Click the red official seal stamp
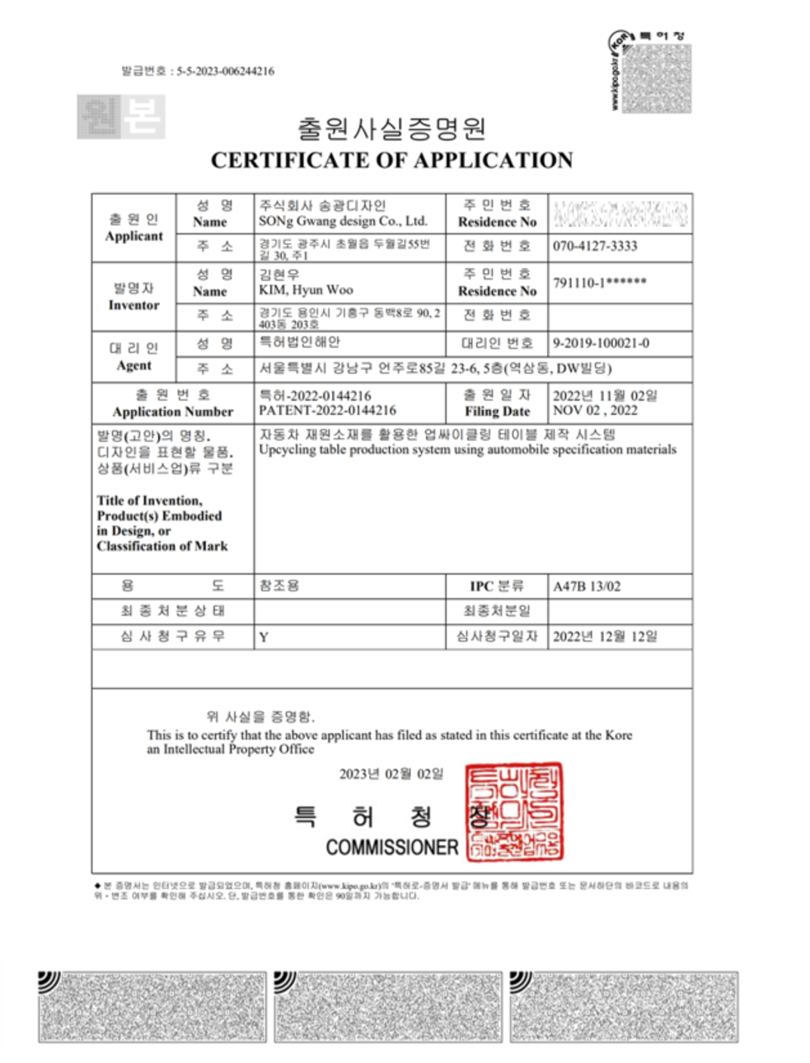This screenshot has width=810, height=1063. click(514, 812)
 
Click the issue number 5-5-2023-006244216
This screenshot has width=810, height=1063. click(225, 72)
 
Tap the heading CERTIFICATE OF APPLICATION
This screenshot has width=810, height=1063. click(391, 160)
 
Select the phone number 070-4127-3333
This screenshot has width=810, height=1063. click(595, 246)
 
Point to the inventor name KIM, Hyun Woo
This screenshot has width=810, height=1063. click(306, 290)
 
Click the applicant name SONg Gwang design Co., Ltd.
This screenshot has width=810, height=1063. click(343, 221)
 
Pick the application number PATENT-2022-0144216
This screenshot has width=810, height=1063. click(327, 410)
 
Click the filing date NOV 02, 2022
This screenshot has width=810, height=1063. click(595, 410)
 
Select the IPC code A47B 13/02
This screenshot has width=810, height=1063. click(587, 586)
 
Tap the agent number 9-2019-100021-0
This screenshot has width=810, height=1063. click(601, 343)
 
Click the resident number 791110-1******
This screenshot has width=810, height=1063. click(600, 283)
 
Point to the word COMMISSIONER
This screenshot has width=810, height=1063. click(391, 847)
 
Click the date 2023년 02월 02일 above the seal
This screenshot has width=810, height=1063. click(391, 774)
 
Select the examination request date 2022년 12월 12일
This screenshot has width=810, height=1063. click(605, 636)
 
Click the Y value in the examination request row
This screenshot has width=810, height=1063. click(264, 637)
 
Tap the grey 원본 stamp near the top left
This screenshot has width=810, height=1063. click(121, 116)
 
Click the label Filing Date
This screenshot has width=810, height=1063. click(497, 411)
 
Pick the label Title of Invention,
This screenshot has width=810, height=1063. click(149, 501)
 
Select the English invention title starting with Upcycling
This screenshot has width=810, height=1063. click(467, 449)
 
